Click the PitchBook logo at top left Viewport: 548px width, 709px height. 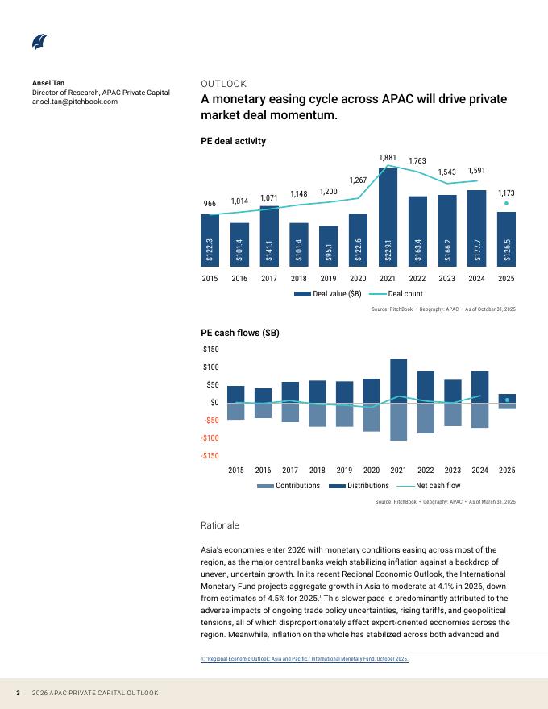[39, 43]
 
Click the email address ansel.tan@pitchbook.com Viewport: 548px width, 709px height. [75, 102]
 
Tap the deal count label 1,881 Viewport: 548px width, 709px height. [388, 157]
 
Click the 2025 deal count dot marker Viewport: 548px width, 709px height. [506, 203]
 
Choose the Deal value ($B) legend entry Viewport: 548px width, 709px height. [327, 294]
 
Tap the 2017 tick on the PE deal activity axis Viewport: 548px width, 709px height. [269, 278]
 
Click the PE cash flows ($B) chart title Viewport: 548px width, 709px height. [239, 333]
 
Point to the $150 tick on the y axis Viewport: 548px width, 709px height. [210, 350]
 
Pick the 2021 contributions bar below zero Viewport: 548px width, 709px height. [398, 421]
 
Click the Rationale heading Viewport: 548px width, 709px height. [219, 525]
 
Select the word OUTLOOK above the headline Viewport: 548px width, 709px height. [223, 84]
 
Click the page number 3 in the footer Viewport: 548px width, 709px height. [17, 693]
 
